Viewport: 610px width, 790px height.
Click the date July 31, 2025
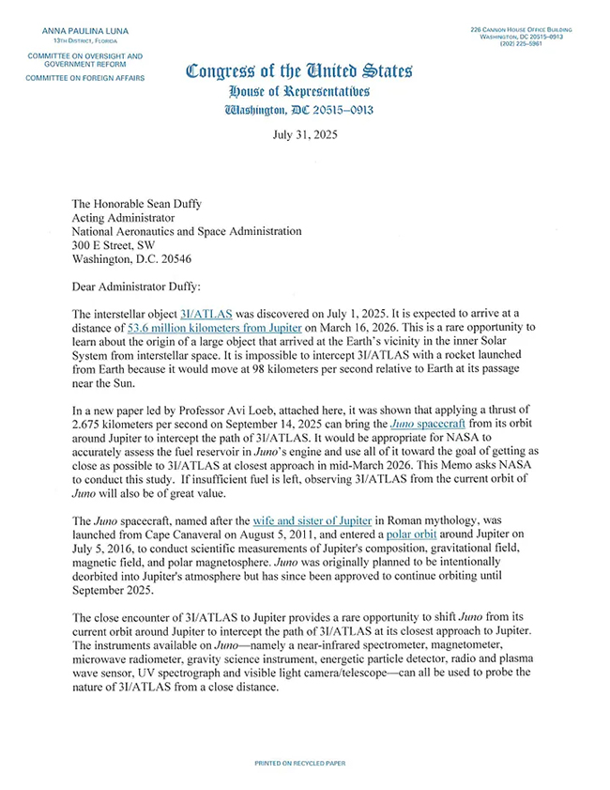point(304,134)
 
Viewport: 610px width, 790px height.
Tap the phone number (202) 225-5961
point(538,43)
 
